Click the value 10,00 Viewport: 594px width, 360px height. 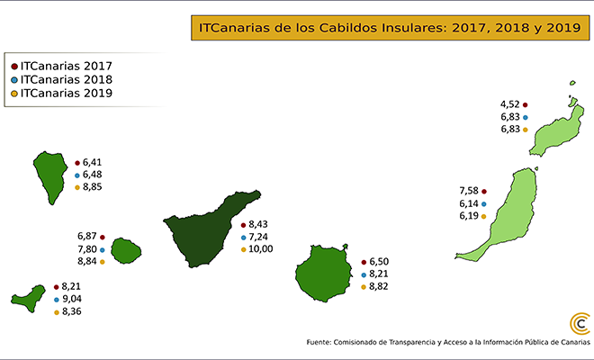[x=261, y=249]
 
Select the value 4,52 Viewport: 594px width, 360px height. [x=510, y=104]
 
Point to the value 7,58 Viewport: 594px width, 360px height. [x=468, y=191]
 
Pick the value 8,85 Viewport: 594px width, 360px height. [x=94, y=187]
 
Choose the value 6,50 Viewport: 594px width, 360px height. [x=381, y=261]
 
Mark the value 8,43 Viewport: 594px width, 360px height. [x=259, y=224]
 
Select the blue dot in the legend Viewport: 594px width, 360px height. [x=14, y=79]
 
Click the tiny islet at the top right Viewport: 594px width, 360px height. [x=571, y=85]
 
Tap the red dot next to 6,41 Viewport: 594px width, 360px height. [x=77, y=162]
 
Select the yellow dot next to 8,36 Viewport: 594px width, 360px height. [x=57, y=312]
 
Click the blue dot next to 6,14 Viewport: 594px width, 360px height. [x=484, y=204]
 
